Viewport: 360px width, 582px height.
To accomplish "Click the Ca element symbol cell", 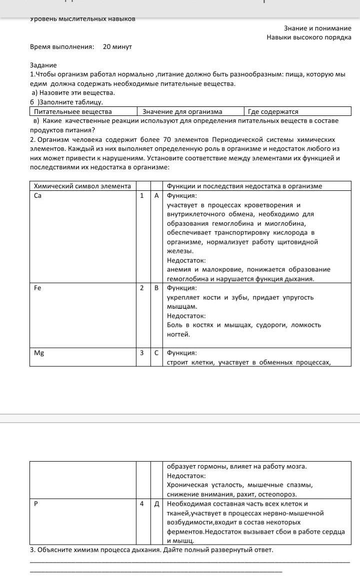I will tap(38, 195).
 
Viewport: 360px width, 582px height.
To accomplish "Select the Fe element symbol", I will tap(37, 288).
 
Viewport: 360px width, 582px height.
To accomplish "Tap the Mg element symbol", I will tap(39, 353).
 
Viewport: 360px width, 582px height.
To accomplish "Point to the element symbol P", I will tap(36, 504).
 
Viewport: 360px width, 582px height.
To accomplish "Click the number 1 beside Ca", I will tap(142, 195).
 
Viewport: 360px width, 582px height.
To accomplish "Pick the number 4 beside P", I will tap(142, 504).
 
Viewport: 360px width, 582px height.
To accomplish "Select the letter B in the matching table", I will tap(156, 288).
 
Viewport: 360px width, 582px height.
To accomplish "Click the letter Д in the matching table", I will tap(156, 504).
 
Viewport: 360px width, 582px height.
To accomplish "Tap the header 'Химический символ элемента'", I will tap(82, 186).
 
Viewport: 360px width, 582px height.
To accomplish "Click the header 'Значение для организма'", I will tap(182, 111).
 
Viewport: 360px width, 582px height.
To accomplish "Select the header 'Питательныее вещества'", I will tap(72, 111).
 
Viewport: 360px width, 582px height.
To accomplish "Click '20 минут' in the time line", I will tap(117, 46).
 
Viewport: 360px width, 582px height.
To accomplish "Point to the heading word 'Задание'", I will tap(43, 65).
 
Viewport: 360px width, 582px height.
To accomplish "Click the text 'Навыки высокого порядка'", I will tap(308, 37).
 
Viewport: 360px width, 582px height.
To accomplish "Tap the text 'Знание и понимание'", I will tap(317, 28).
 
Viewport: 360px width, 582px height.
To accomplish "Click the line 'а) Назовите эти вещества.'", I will tap(73, 92).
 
